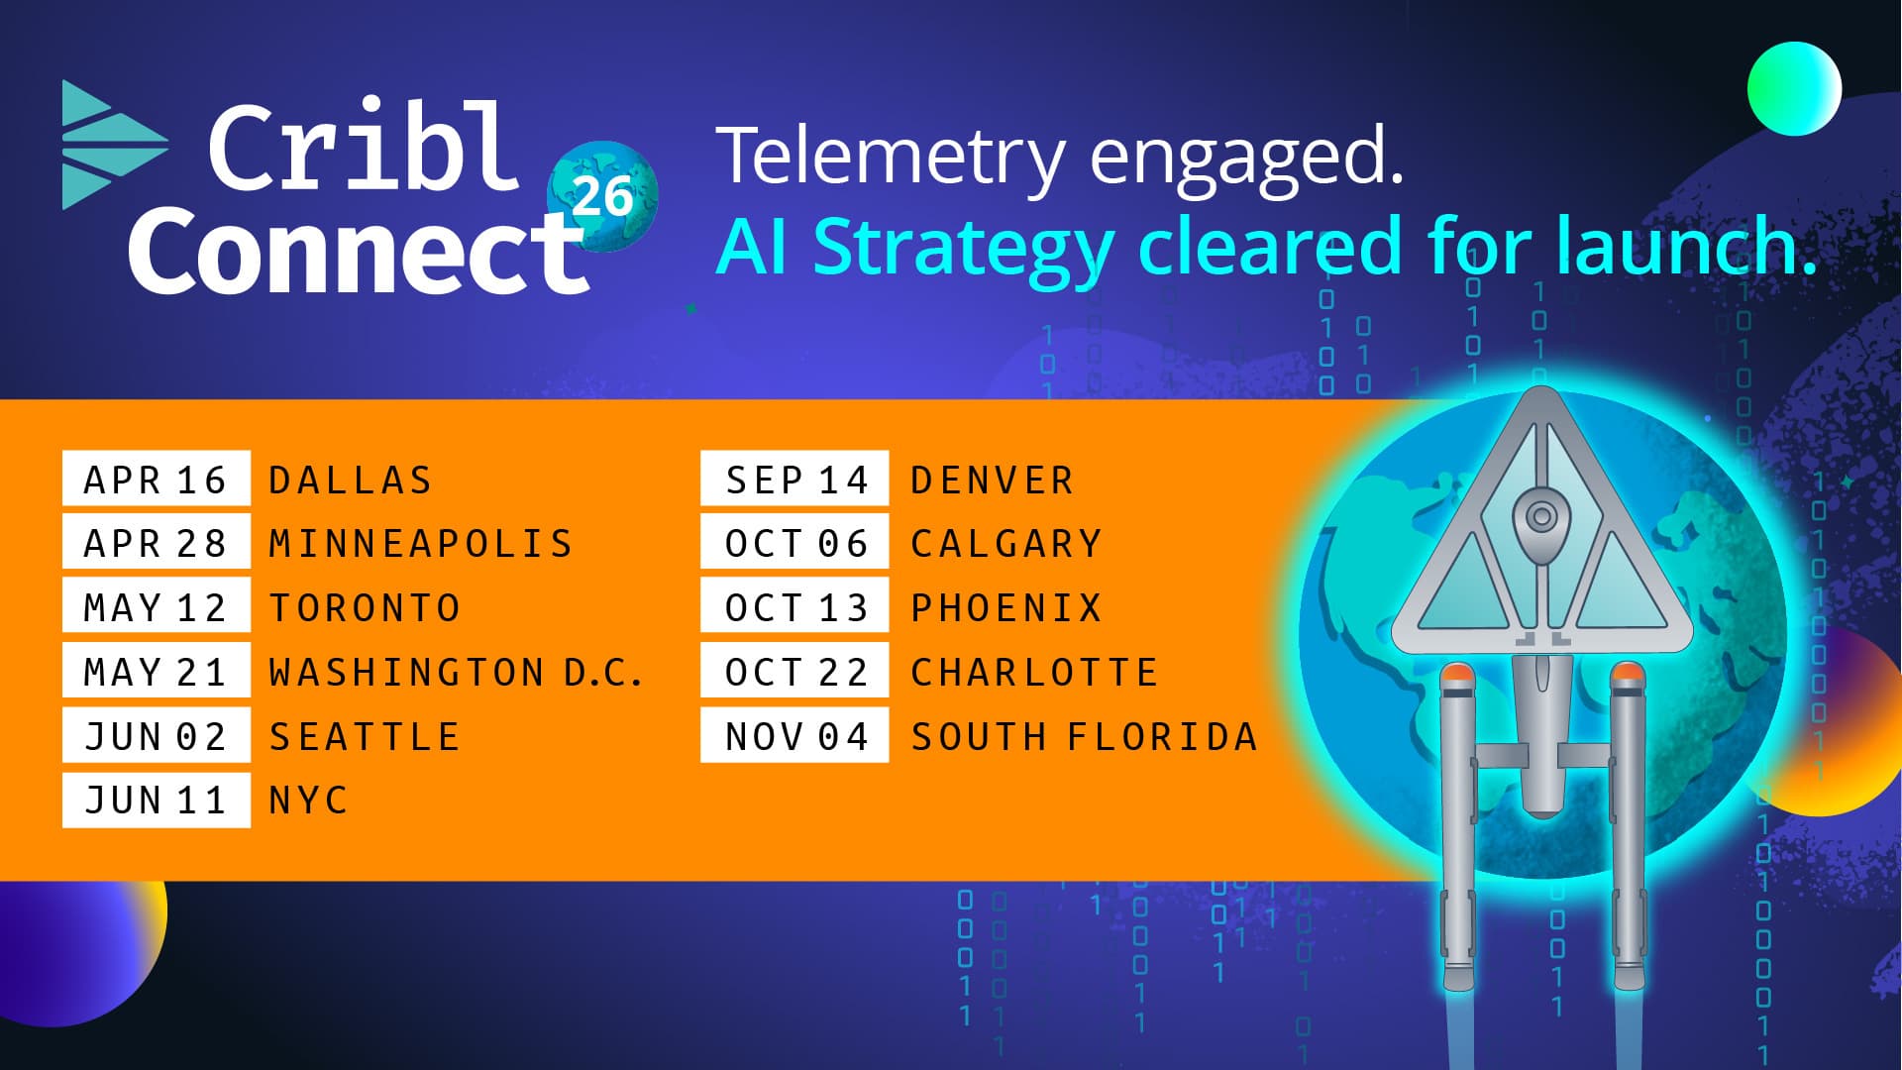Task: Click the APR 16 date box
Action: tap(157, 479)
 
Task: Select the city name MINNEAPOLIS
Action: tap(421, 544)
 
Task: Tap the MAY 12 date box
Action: tap(157, 606)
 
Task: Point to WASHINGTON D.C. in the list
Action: tap(457, 673)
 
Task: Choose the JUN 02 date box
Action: tap(157, 736)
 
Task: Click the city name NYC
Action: tap(308, 801)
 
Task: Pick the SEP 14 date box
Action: tap(794, 479)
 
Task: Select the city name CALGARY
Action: tap(1006, 544)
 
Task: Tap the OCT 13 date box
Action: tap(794, 606)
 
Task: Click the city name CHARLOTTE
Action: tap(1034, 673)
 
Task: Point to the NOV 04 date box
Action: tap(794, 736)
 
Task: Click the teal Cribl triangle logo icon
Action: tap(111, 145)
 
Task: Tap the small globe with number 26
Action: tap(602, 195)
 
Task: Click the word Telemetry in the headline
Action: tap(891, 156)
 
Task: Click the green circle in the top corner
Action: tap(1794, 89)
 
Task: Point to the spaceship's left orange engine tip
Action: tap(1455, 677)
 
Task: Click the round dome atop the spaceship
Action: tap(1540, 516)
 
